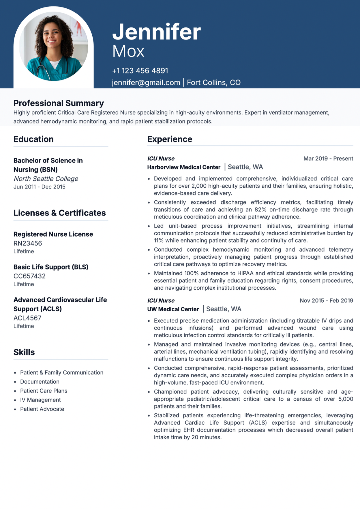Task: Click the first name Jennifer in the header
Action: click(x=156, y=32)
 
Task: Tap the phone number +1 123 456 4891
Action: click(x=140, y=71)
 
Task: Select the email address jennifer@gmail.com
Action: click(x=146, y=83)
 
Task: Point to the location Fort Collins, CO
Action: click(x=214, y=83)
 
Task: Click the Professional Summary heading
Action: click(x=59, y=103)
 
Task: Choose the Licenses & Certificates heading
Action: click(x=60, y=213)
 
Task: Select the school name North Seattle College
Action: click(x=46, y=179)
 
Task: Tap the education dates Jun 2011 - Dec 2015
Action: click(x=40, y=187)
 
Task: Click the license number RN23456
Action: click(x=28, y=243)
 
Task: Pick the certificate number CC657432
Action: click(x=29, y=276)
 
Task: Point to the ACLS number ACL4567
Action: click(x=27, y=318)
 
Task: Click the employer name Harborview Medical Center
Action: click(x=184, y=167)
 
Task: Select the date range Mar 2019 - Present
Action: click(x=328, y=159)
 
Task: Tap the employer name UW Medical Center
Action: click(x=173, y=309)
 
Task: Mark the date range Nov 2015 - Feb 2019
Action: click(x=326, y=301)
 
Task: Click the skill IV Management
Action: click(x=40, y=400)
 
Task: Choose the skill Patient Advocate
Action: click(x=42, y=409)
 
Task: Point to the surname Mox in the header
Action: click(x=128, y=51)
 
